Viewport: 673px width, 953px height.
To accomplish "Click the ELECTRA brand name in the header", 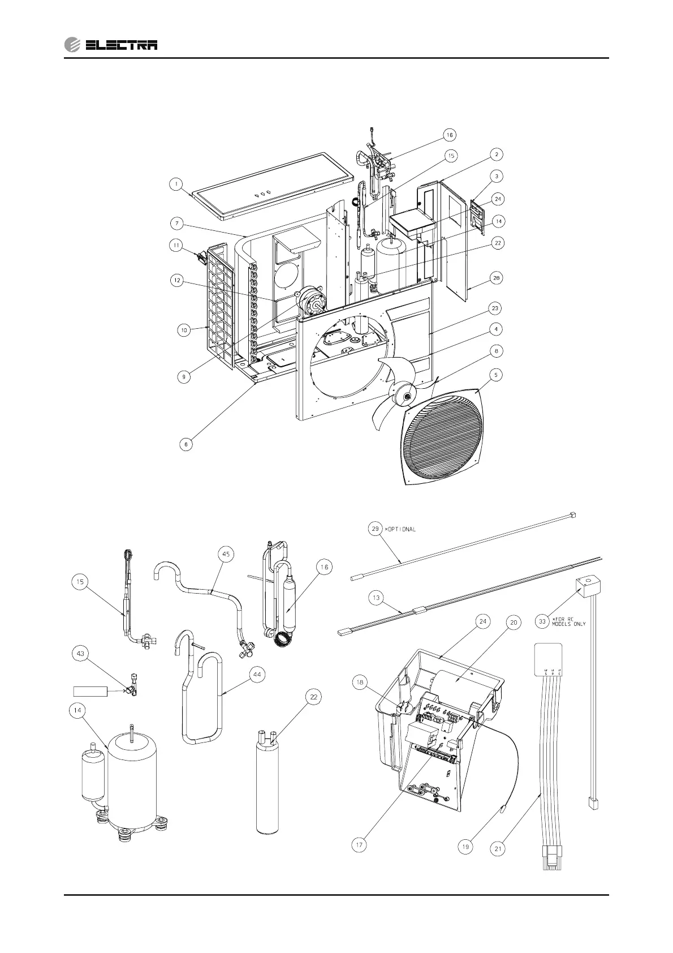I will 121,45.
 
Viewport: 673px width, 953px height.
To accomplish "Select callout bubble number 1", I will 176,184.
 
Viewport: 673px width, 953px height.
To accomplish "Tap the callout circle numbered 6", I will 185,444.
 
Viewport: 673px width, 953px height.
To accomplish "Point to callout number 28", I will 495,278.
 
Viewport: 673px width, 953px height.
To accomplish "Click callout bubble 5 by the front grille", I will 495,375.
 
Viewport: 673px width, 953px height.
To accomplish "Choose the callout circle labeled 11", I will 176,246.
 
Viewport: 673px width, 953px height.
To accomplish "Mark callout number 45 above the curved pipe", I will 226,555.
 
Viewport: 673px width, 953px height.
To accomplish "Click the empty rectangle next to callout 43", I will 90,691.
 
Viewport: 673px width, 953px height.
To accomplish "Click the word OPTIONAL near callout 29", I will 402,529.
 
